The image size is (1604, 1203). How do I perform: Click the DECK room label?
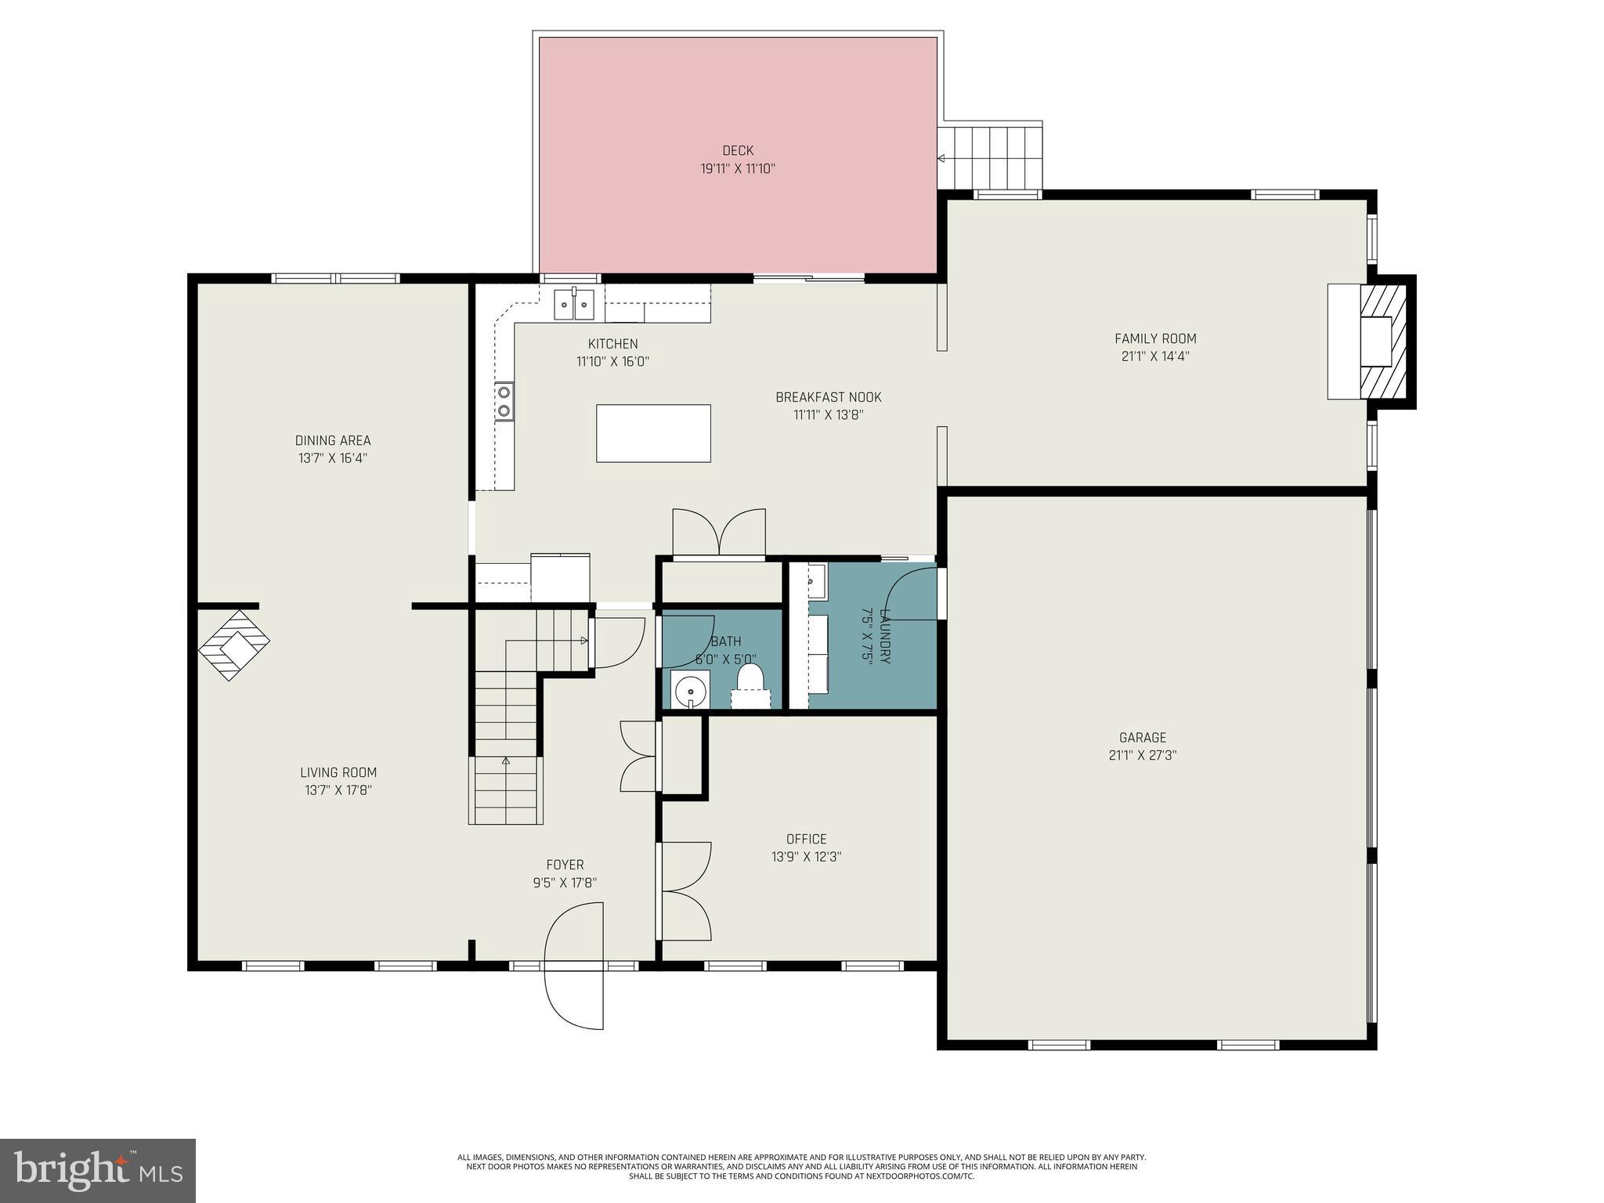[737, 150]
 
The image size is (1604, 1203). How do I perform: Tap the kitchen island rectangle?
[653, 433]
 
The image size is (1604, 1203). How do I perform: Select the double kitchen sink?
[574, 304]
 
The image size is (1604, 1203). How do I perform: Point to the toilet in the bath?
[750, 682]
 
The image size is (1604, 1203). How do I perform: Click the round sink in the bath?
[690, 691]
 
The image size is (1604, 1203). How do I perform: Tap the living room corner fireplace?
[233, 645]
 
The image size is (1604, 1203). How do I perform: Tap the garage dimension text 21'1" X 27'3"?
[1143, 755]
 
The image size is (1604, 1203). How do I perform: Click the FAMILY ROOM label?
[1155, 338]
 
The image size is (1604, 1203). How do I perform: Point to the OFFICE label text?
[806, 839]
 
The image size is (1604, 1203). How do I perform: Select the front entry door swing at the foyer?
[575, 966]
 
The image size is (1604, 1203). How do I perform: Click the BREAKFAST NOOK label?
[828, 397]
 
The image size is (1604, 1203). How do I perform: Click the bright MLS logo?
[98, 1171]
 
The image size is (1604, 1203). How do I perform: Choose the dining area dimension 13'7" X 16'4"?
[333, 458]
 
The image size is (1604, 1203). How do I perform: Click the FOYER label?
[565, 865]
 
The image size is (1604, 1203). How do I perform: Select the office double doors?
[685, 891]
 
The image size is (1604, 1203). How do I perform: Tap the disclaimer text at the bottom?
[801, 1188]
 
